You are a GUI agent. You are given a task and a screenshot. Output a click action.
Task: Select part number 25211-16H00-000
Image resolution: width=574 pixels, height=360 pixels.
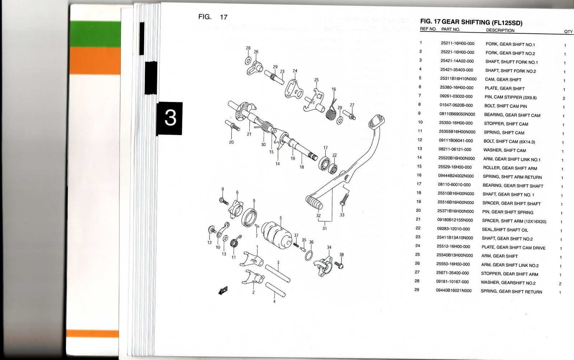coord(457,43)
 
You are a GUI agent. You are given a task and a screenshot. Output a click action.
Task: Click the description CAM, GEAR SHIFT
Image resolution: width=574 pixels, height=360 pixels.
coord(503,80)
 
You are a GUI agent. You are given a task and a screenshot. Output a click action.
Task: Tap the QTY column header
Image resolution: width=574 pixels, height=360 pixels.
coord(568,32)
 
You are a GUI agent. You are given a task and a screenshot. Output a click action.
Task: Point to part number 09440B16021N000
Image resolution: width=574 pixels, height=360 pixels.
coord(453,291)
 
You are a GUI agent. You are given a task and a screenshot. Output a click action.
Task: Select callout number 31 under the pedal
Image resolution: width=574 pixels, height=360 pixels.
coord(324,228)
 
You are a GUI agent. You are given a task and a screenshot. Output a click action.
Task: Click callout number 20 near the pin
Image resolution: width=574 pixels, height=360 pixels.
coord(231,142)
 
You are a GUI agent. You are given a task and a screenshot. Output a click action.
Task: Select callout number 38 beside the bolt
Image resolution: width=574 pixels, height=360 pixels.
coord(342,254)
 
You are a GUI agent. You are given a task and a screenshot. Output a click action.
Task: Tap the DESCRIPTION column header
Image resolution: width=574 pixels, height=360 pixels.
coord(500,31)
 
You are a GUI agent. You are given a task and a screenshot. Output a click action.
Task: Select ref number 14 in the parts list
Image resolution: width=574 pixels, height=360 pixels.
coord(419,158)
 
